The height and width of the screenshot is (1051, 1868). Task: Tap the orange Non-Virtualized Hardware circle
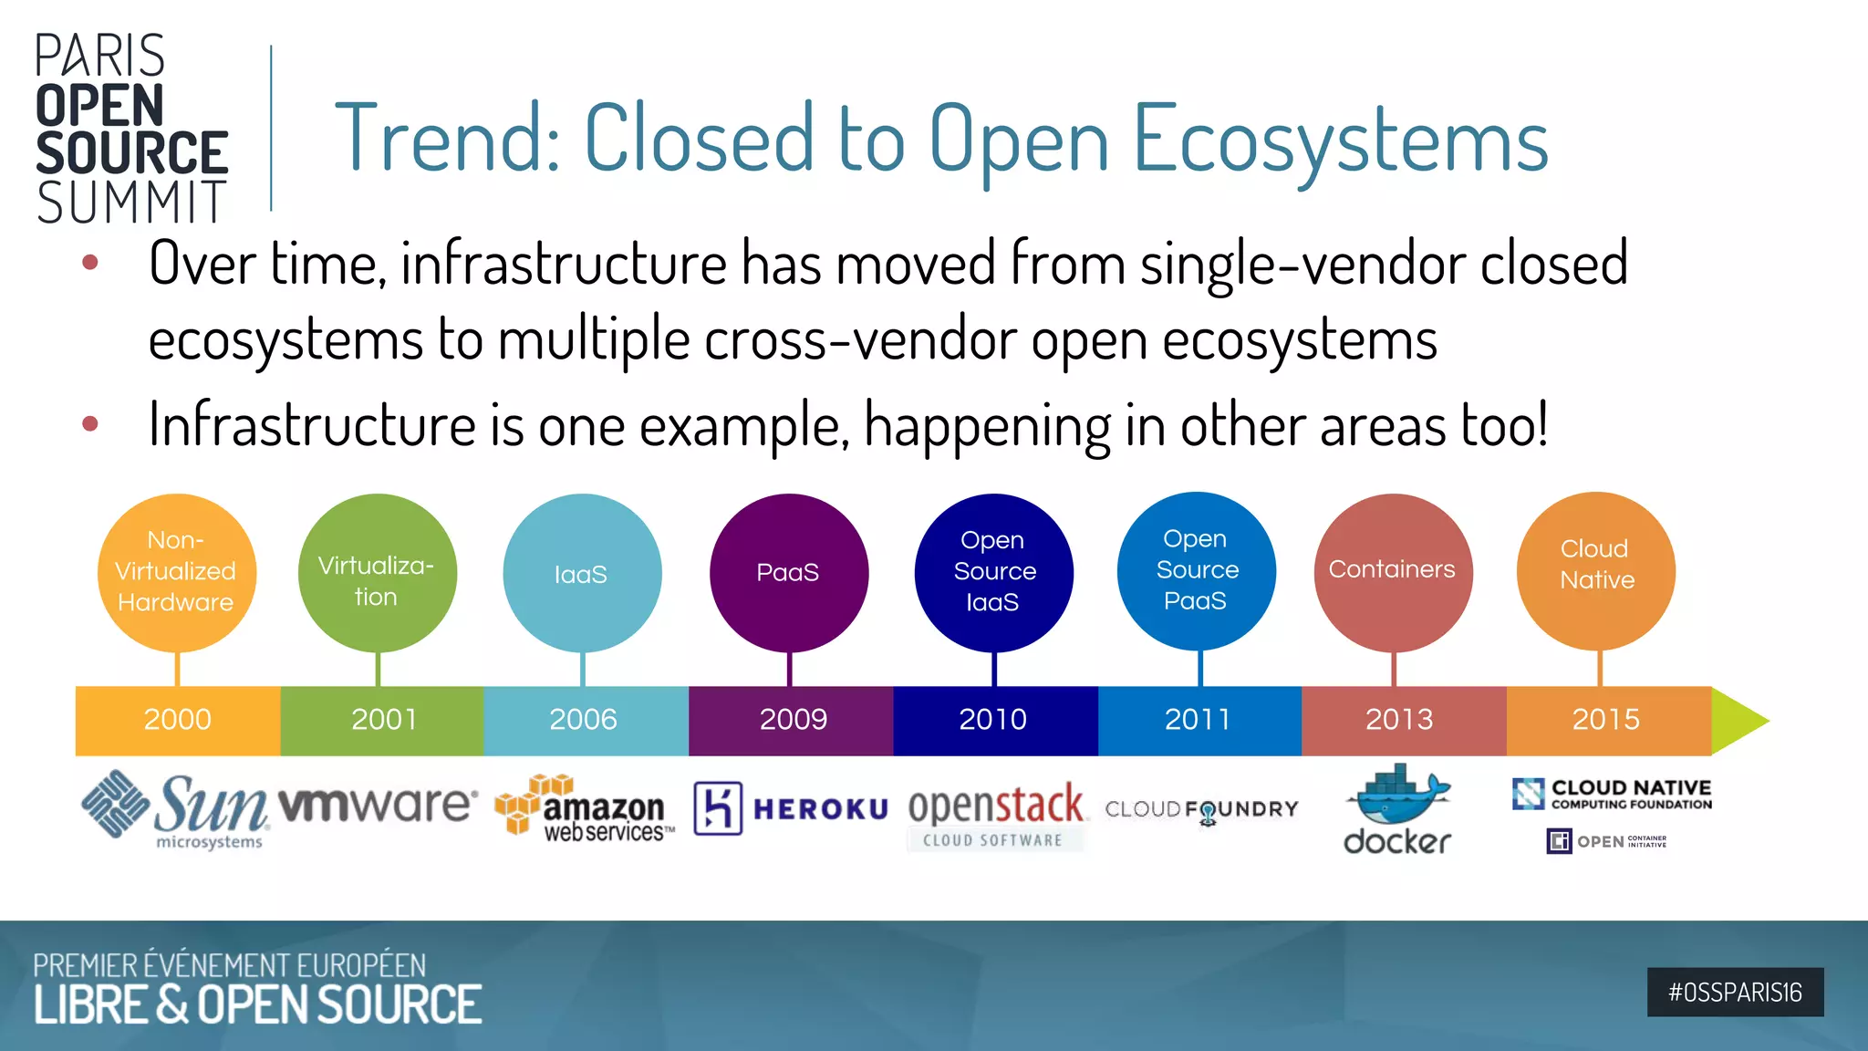click(x=177, y=572)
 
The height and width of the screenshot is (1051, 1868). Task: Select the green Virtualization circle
click(x=377, y=573)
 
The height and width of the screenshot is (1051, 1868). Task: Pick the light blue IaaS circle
click(x=582, y=573)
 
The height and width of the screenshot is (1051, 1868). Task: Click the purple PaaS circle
click(x=789, y=573)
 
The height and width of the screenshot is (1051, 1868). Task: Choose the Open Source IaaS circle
click(x=993, y=572)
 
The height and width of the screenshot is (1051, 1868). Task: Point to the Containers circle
click(x=1393, y=572)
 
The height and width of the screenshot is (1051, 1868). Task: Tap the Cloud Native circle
click(x=1596, y=570)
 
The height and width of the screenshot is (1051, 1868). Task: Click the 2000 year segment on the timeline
click(x=178, y=720)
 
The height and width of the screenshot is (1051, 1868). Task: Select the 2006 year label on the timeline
click(x=584, y=720)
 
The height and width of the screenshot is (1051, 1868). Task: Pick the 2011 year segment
click(x=1199, y=720)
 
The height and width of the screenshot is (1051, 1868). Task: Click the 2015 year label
click(x=1606, y=720)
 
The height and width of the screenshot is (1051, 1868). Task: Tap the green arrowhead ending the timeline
click(x=1738, y=721)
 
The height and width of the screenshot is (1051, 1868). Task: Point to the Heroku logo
click(x=790, y=808)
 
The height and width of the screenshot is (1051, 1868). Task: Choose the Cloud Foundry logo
click(x=1201, y=809)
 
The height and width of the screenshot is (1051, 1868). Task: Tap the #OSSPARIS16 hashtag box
click(x=1735, y=992)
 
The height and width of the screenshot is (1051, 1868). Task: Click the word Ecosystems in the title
click(x=1341, y=140)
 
